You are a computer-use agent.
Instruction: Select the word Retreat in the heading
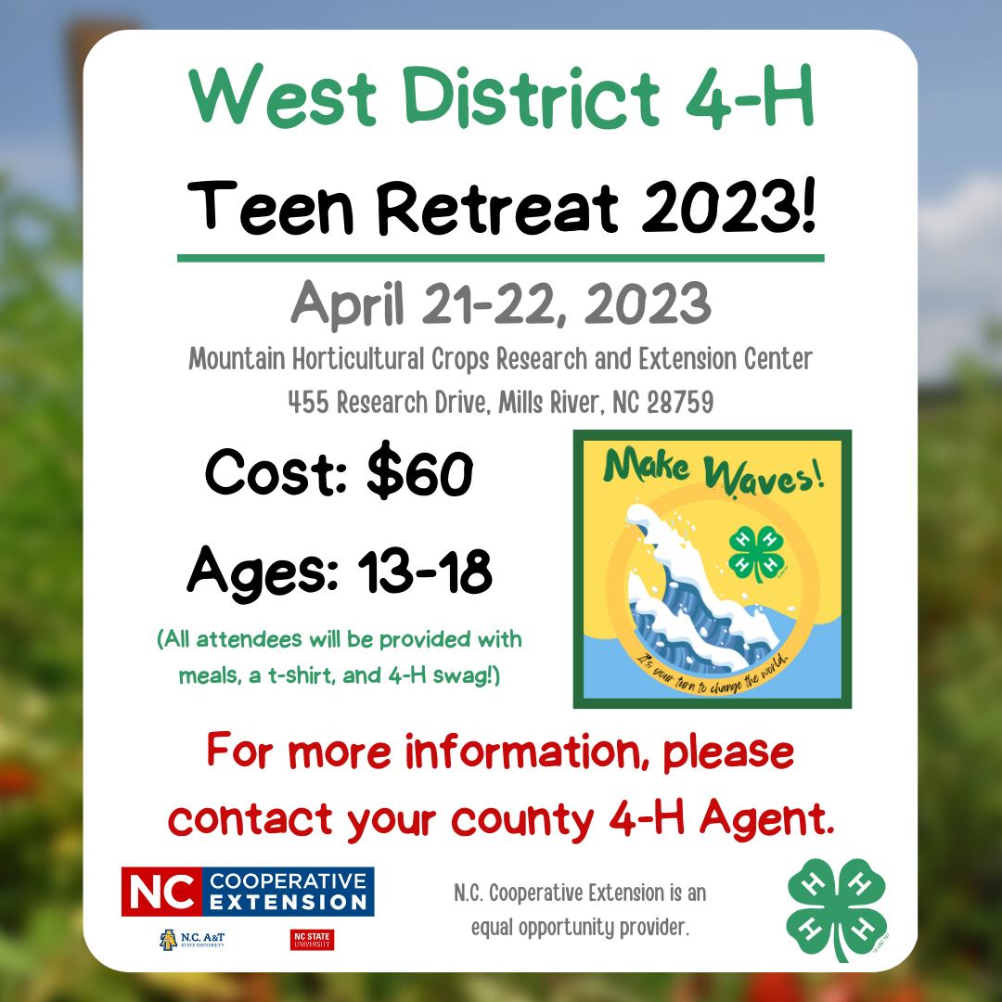498,207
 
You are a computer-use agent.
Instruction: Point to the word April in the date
348,304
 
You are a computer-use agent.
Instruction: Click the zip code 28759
681,403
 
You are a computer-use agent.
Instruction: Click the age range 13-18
425,570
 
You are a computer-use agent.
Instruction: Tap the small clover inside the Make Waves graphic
757,553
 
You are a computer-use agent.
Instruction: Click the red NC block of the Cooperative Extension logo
162,892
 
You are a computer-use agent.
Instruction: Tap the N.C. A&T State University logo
192,939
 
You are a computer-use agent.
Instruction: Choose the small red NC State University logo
312,940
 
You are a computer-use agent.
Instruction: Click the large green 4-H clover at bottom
837,909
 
